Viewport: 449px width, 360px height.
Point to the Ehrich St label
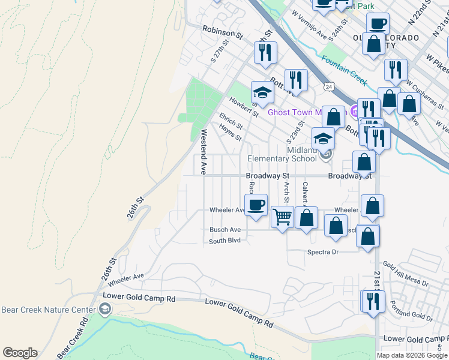coord(231,121)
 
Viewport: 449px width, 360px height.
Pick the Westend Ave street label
coord(203,152)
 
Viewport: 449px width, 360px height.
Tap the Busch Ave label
coord(225,230)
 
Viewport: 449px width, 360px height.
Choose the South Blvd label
coord(224,241)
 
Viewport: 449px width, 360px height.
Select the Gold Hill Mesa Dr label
coord(405,274)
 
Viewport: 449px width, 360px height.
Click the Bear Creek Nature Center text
coord(49,310)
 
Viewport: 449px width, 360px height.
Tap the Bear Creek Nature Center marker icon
coord(106,310)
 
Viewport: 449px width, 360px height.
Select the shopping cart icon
coord(282,216)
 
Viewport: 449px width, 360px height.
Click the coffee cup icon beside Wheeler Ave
coord(256,204)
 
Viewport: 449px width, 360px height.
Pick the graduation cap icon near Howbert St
coord(262,92)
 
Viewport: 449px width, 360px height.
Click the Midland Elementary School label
coord(282,154)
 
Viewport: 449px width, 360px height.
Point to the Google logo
coord(20,353)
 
